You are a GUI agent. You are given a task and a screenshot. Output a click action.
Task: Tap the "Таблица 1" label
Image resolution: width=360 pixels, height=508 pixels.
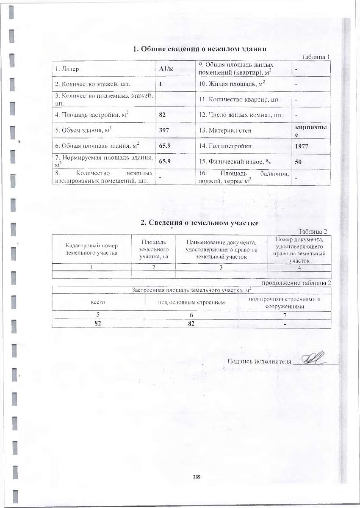tap(316, 57)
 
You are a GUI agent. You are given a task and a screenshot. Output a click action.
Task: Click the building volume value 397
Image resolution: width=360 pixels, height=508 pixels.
tap(164, 130)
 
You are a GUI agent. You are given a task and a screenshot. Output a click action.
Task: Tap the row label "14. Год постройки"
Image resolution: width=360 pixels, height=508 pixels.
tap(226, 146)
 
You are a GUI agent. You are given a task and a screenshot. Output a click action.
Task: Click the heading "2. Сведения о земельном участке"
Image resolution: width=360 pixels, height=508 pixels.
tap(199, 223)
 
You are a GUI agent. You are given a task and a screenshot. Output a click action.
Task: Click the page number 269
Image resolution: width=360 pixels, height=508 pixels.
tap(196, 477)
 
